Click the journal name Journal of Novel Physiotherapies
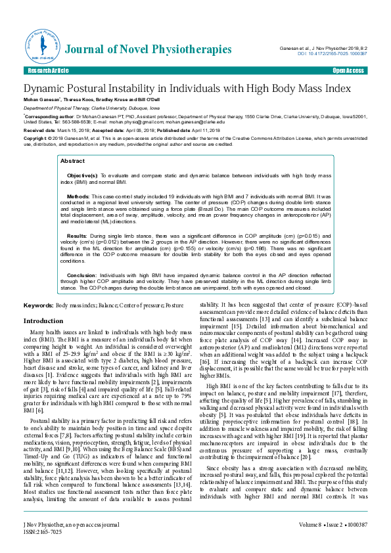click(147, 49)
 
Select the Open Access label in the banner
click(348, 70)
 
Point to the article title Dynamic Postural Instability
click(187, 89)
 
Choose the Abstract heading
click(72, 160)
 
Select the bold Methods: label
click(78, 196)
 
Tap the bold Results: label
click(77, 234)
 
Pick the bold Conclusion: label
click(82, 275)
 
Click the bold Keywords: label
click(39, 306)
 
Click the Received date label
click(39, 131)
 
